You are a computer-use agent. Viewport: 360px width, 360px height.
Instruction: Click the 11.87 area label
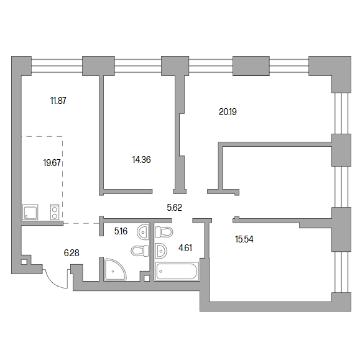(x=58, y=101)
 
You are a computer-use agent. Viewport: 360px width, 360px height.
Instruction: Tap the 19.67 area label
(x=52, y=163)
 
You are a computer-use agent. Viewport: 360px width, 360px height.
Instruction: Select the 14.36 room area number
(x=141, y=160)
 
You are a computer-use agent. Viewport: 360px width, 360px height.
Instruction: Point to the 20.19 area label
(x=228, y=112)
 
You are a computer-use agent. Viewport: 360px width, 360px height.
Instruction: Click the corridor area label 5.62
(x=175, y=208)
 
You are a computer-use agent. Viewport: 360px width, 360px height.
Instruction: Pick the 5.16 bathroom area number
(x=121, y=231)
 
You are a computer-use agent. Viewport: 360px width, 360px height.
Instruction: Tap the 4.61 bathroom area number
(x=185, y=248)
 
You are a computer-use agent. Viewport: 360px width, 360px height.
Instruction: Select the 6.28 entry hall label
(x=72, y=253)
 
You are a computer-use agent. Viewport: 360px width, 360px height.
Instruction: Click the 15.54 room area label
(x=244, y=239)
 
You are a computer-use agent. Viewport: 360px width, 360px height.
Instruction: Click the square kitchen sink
(x=30, y=212)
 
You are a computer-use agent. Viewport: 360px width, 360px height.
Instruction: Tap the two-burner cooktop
(x=55, y=212)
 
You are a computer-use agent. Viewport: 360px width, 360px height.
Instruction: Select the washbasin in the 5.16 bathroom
(x=143, y=232)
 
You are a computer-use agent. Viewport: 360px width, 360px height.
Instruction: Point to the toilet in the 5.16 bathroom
(x=140, y=251)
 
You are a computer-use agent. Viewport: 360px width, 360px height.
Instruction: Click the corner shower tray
(x=115, y=269)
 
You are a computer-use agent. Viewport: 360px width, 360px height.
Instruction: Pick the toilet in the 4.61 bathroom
(x=164, y=232)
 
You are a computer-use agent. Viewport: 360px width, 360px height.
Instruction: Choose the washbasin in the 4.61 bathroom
(x=160, y=251)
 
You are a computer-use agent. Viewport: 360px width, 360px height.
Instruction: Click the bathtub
(x=177, y=271)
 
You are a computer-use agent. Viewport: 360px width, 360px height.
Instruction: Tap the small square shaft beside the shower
(x=147, y=279)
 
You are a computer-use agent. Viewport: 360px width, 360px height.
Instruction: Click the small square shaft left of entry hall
(x=24, y=262)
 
